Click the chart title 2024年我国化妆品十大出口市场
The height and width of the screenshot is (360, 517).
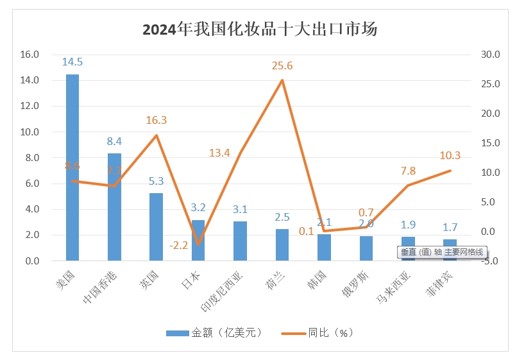(260, 30)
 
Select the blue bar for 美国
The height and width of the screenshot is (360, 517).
(72, 167)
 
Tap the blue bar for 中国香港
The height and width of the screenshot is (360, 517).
(114, 207)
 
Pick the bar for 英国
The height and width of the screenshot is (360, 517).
(156, 227)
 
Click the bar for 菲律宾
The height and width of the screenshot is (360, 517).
(450, 250)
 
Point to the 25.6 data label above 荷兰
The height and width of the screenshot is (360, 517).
(282, 65)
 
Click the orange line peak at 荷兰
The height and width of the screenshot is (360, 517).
(282, 80)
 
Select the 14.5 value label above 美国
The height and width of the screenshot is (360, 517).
(72, 62)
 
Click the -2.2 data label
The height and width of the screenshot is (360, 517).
(179, 244)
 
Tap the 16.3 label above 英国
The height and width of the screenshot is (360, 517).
(156, 120)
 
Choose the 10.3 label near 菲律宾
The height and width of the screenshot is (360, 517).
(450, 155)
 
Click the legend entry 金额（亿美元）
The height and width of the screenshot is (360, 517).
(215, 332)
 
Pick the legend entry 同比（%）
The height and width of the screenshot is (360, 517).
(323, 332)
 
